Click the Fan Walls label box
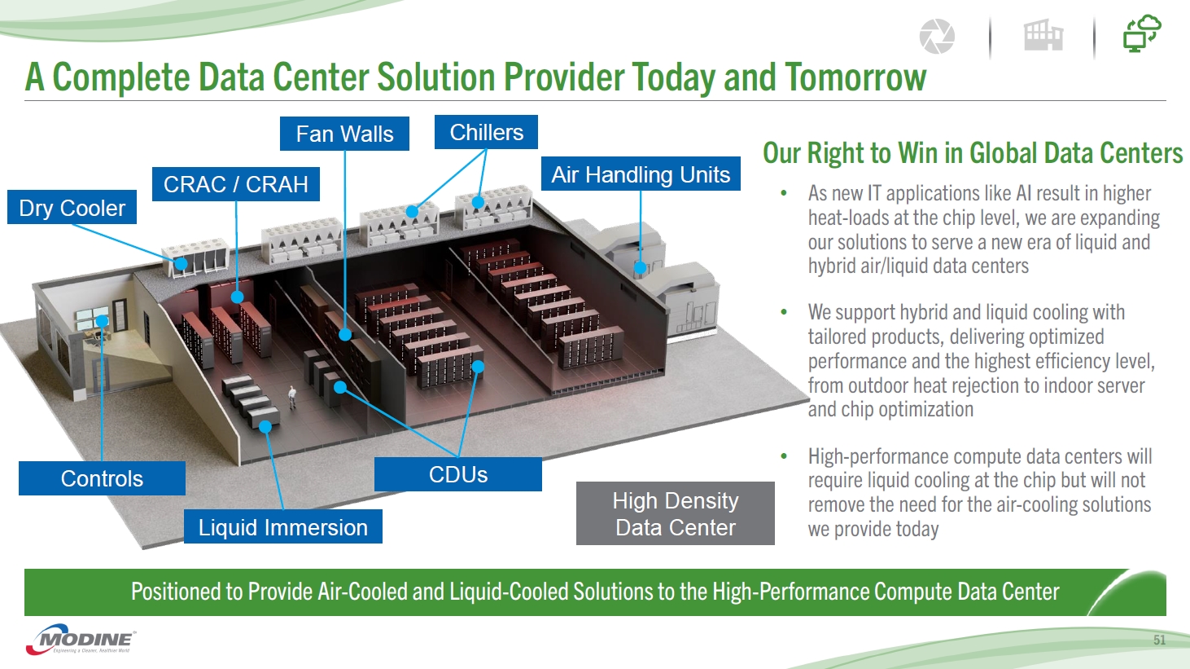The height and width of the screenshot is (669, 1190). (x=344, y=134)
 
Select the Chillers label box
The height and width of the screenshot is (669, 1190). (x=486, y=132)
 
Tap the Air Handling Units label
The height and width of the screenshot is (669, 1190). (x=641, y=174)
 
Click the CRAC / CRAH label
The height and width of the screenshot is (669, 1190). (x=235, y=184)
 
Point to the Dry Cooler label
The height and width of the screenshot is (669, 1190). (x=72, y=208)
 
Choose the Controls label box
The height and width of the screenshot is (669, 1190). (x=102, y=478)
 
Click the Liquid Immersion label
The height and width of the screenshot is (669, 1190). (x=282, y=527)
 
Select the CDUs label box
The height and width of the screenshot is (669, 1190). (x=457, y=474)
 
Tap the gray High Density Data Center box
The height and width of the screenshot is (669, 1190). (x=675, y=513)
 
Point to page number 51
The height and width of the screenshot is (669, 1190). (x=1159, y=640)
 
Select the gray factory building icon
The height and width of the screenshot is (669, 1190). (x=1043, y=36)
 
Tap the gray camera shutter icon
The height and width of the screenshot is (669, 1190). (x=937, y=37)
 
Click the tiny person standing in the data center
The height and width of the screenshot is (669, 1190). (x=293, y=397)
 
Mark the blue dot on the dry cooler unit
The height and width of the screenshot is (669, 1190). (x=182, y=263)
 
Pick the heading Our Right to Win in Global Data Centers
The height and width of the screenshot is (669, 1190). (x=972, y=153)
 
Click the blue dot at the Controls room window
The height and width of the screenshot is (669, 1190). (x=103, y=321)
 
